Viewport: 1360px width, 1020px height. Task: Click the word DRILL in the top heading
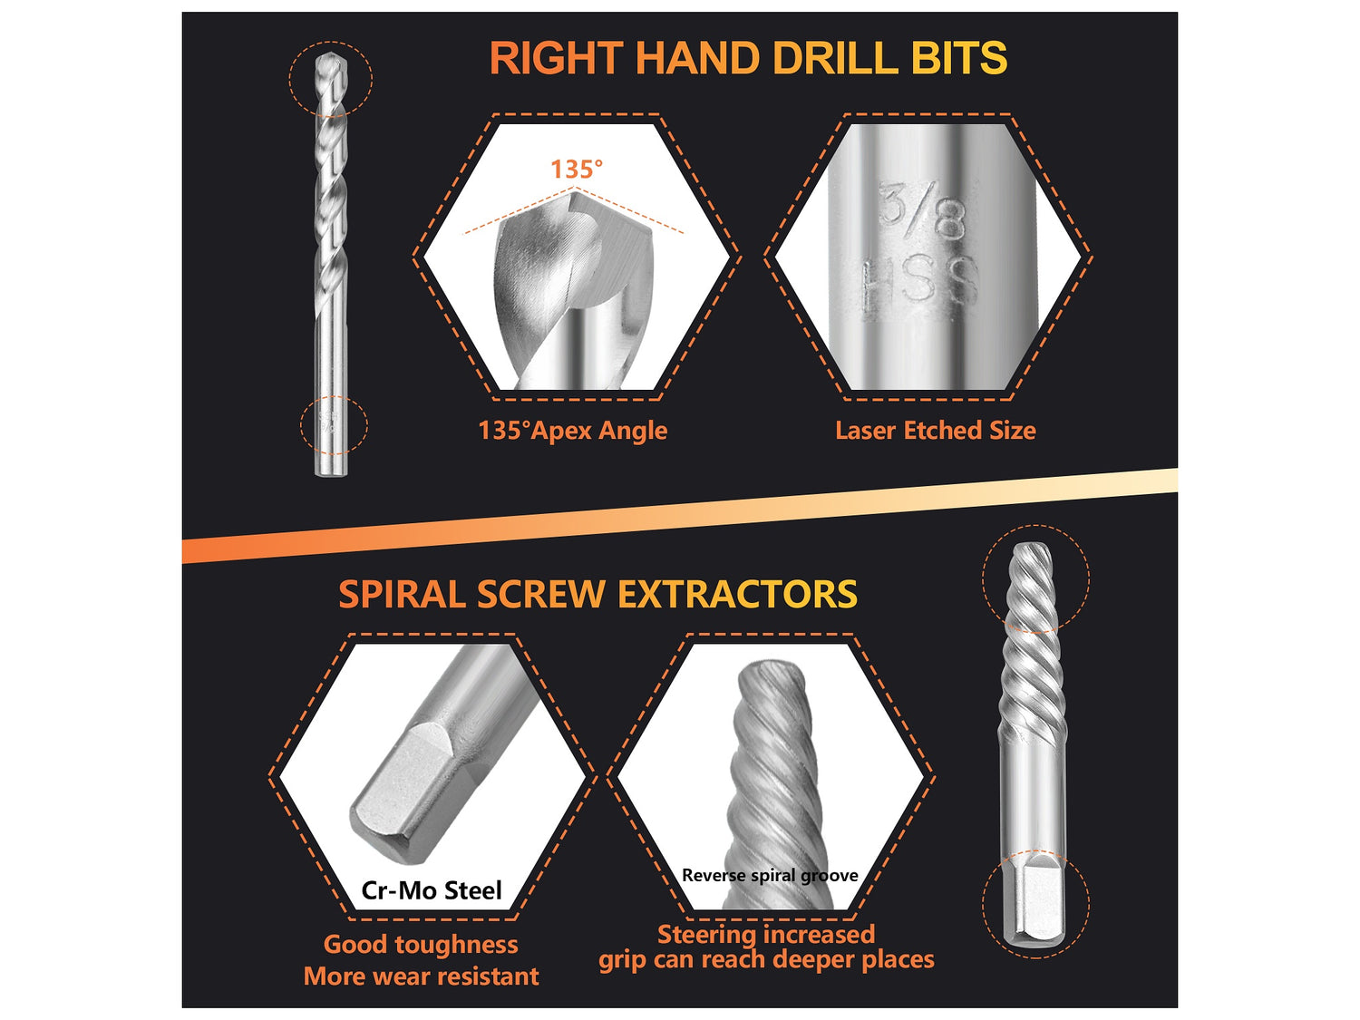point(830,58)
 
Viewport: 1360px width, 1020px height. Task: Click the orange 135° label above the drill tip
point(577,169)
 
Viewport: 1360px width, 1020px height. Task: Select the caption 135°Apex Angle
point(572,431)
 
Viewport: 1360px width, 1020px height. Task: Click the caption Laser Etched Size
point(935,431)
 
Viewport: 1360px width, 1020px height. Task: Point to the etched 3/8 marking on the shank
point(921,210)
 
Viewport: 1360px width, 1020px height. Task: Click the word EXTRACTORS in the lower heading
point(737,595)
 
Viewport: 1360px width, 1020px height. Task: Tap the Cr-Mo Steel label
point(432,890)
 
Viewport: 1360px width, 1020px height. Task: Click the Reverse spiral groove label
point(770,875)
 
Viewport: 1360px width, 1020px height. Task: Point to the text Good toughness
point(421,944)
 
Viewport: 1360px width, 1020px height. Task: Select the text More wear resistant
point(421,976)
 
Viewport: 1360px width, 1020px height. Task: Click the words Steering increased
point(766,934)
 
